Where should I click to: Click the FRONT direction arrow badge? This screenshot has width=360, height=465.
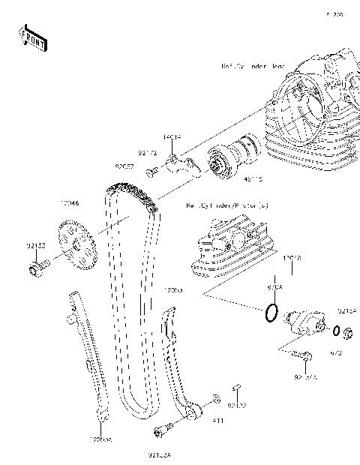point(33,37)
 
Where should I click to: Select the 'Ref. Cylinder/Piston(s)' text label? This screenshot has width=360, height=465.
point(226,204)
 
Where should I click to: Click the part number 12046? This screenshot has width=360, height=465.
point(69,202)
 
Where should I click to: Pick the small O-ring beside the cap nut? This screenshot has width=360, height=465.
point(335,331)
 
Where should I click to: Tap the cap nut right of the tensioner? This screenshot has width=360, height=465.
point(349,331)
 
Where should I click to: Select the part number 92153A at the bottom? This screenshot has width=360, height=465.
point(160,454)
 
